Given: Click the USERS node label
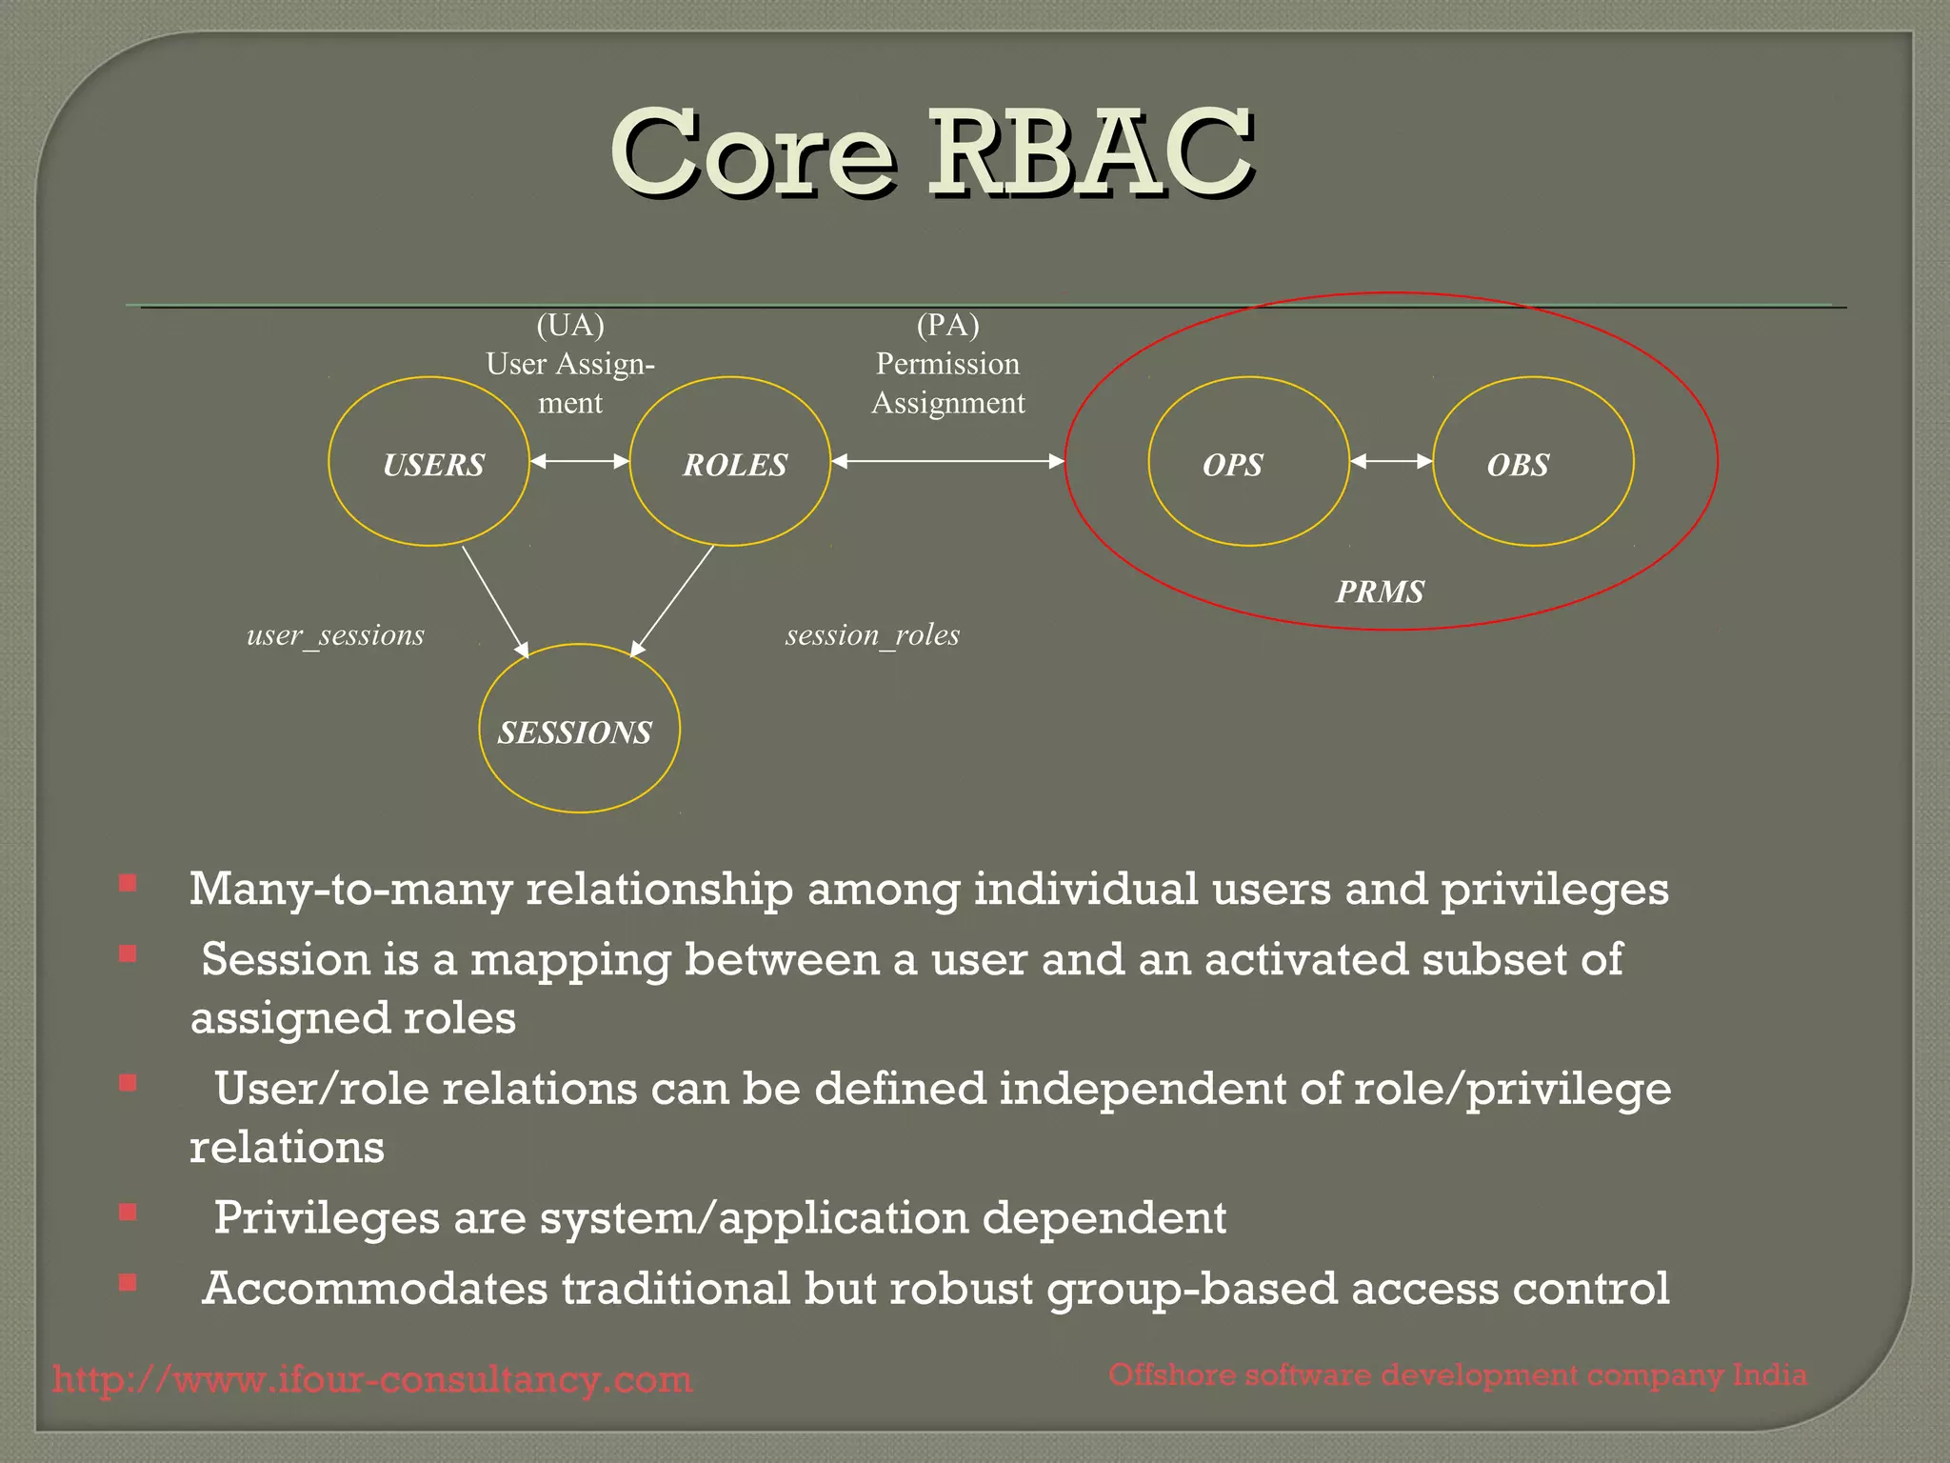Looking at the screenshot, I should coord(433,465).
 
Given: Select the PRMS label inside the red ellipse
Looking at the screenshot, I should coord(1380,591).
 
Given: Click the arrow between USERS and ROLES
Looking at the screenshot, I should coord(579,461).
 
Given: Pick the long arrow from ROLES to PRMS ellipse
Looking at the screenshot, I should coord(947,461).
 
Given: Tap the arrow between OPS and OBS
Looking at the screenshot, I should coord(1391,461).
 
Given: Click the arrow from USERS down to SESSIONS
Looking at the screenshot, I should coord(494,600).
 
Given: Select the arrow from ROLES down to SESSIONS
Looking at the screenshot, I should coord(672,600).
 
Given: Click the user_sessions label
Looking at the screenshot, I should coord(335,635).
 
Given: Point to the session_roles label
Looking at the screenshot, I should coord(872,635).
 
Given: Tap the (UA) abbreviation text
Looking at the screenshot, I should coord(570,326).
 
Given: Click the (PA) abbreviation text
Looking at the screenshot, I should coord(947,326).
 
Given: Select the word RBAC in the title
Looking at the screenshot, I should coord(1089,152).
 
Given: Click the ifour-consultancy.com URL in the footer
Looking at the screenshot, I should coord(372,1379).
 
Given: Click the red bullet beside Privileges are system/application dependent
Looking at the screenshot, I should coord(128,1212).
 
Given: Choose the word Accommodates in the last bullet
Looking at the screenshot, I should coord(375,1289).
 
